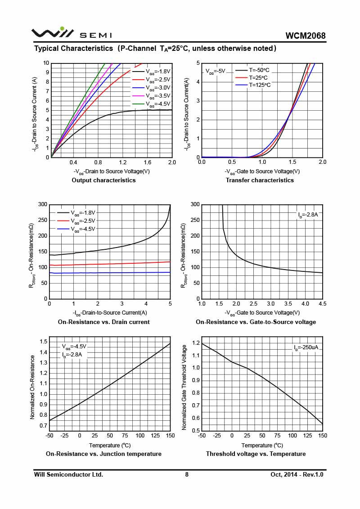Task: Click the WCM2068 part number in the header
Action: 305,36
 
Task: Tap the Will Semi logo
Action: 72,34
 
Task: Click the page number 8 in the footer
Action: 187,474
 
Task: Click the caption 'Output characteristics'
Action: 103,180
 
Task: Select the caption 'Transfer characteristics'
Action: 260,180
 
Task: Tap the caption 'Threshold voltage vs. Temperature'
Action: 256,454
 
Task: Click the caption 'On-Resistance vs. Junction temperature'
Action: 103,454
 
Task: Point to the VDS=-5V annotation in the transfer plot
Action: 215,71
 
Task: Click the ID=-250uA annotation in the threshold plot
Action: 306,347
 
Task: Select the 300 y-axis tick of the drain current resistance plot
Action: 42,204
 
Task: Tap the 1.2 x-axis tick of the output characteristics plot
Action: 122,162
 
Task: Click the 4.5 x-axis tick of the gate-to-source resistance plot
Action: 322,304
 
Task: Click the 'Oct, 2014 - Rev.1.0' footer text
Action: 297,474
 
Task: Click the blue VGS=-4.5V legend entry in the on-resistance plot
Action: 83,229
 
